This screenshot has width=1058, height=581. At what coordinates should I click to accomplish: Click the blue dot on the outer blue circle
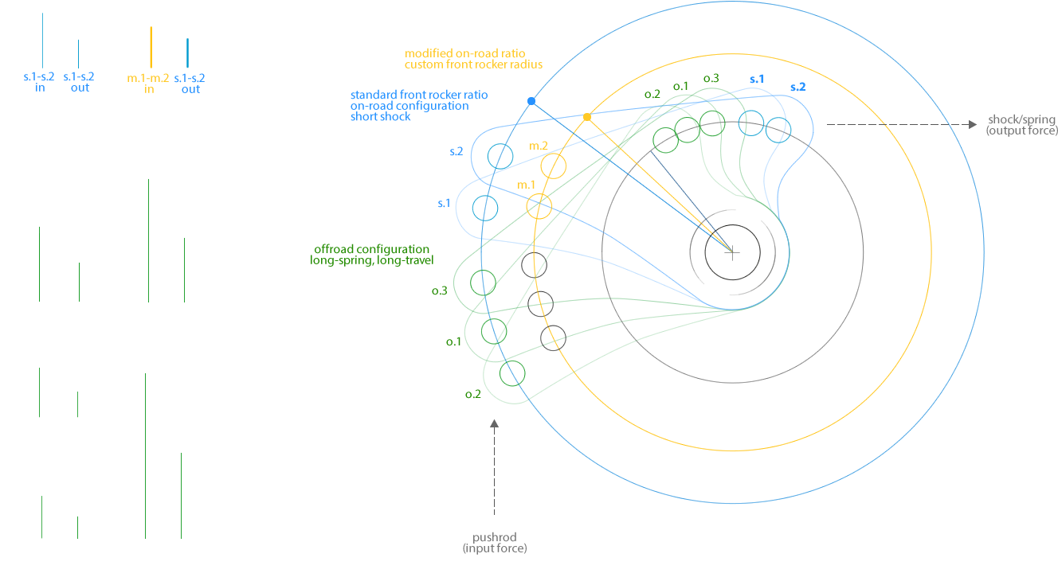(x=531, y=101)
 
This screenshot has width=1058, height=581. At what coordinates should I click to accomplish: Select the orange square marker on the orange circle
(x=587, y=117)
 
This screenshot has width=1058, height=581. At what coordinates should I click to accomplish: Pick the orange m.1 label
(x=526, y=185)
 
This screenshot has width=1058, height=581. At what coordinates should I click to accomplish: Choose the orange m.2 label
(x=539, y=145)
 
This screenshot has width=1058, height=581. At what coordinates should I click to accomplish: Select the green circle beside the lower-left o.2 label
(x=514, y=372)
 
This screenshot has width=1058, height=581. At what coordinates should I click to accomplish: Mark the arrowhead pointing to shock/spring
(x=973, y=124)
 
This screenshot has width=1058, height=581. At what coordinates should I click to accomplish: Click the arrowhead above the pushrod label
(x=494, y=423)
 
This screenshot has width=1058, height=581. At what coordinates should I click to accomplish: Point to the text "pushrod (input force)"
(x=495, y=543)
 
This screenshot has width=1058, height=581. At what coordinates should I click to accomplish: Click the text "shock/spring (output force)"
(x=1021, y=125)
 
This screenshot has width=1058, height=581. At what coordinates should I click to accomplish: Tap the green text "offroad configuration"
(x=372, y=249)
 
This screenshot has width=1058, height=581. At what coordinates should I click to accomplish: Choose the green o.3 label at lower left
(x=439, y=290)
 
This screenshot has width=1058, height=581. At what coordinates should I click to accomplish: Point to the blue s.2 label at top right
(x=797, y=88)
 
